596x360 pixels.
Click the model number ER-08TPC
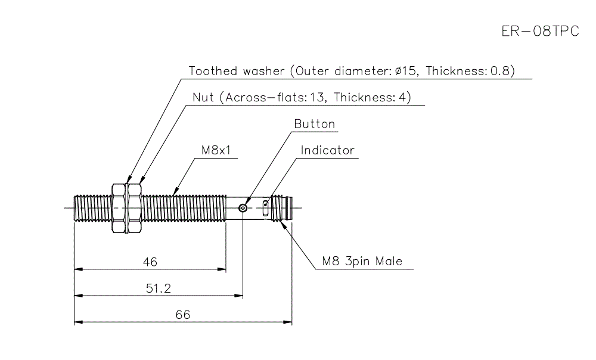click(x=540, y=32)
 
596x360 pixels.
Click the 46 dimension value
click(x=150, y=262)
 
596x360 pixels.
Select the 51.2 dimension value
click(x=159, y=288)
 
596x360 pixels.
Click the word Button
click(x=315, y=124)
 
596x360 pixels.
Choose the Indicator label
click(x=327, y=150)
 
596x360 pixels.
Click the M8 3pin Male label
click(x=362, y=261)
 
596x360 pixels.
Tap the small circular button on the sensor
click(x=243, y=208)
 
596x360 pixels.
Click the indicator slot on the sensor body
click(x=266, y=207)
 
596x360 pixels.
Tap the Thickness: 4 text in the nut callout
click(x=372, y=98)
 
